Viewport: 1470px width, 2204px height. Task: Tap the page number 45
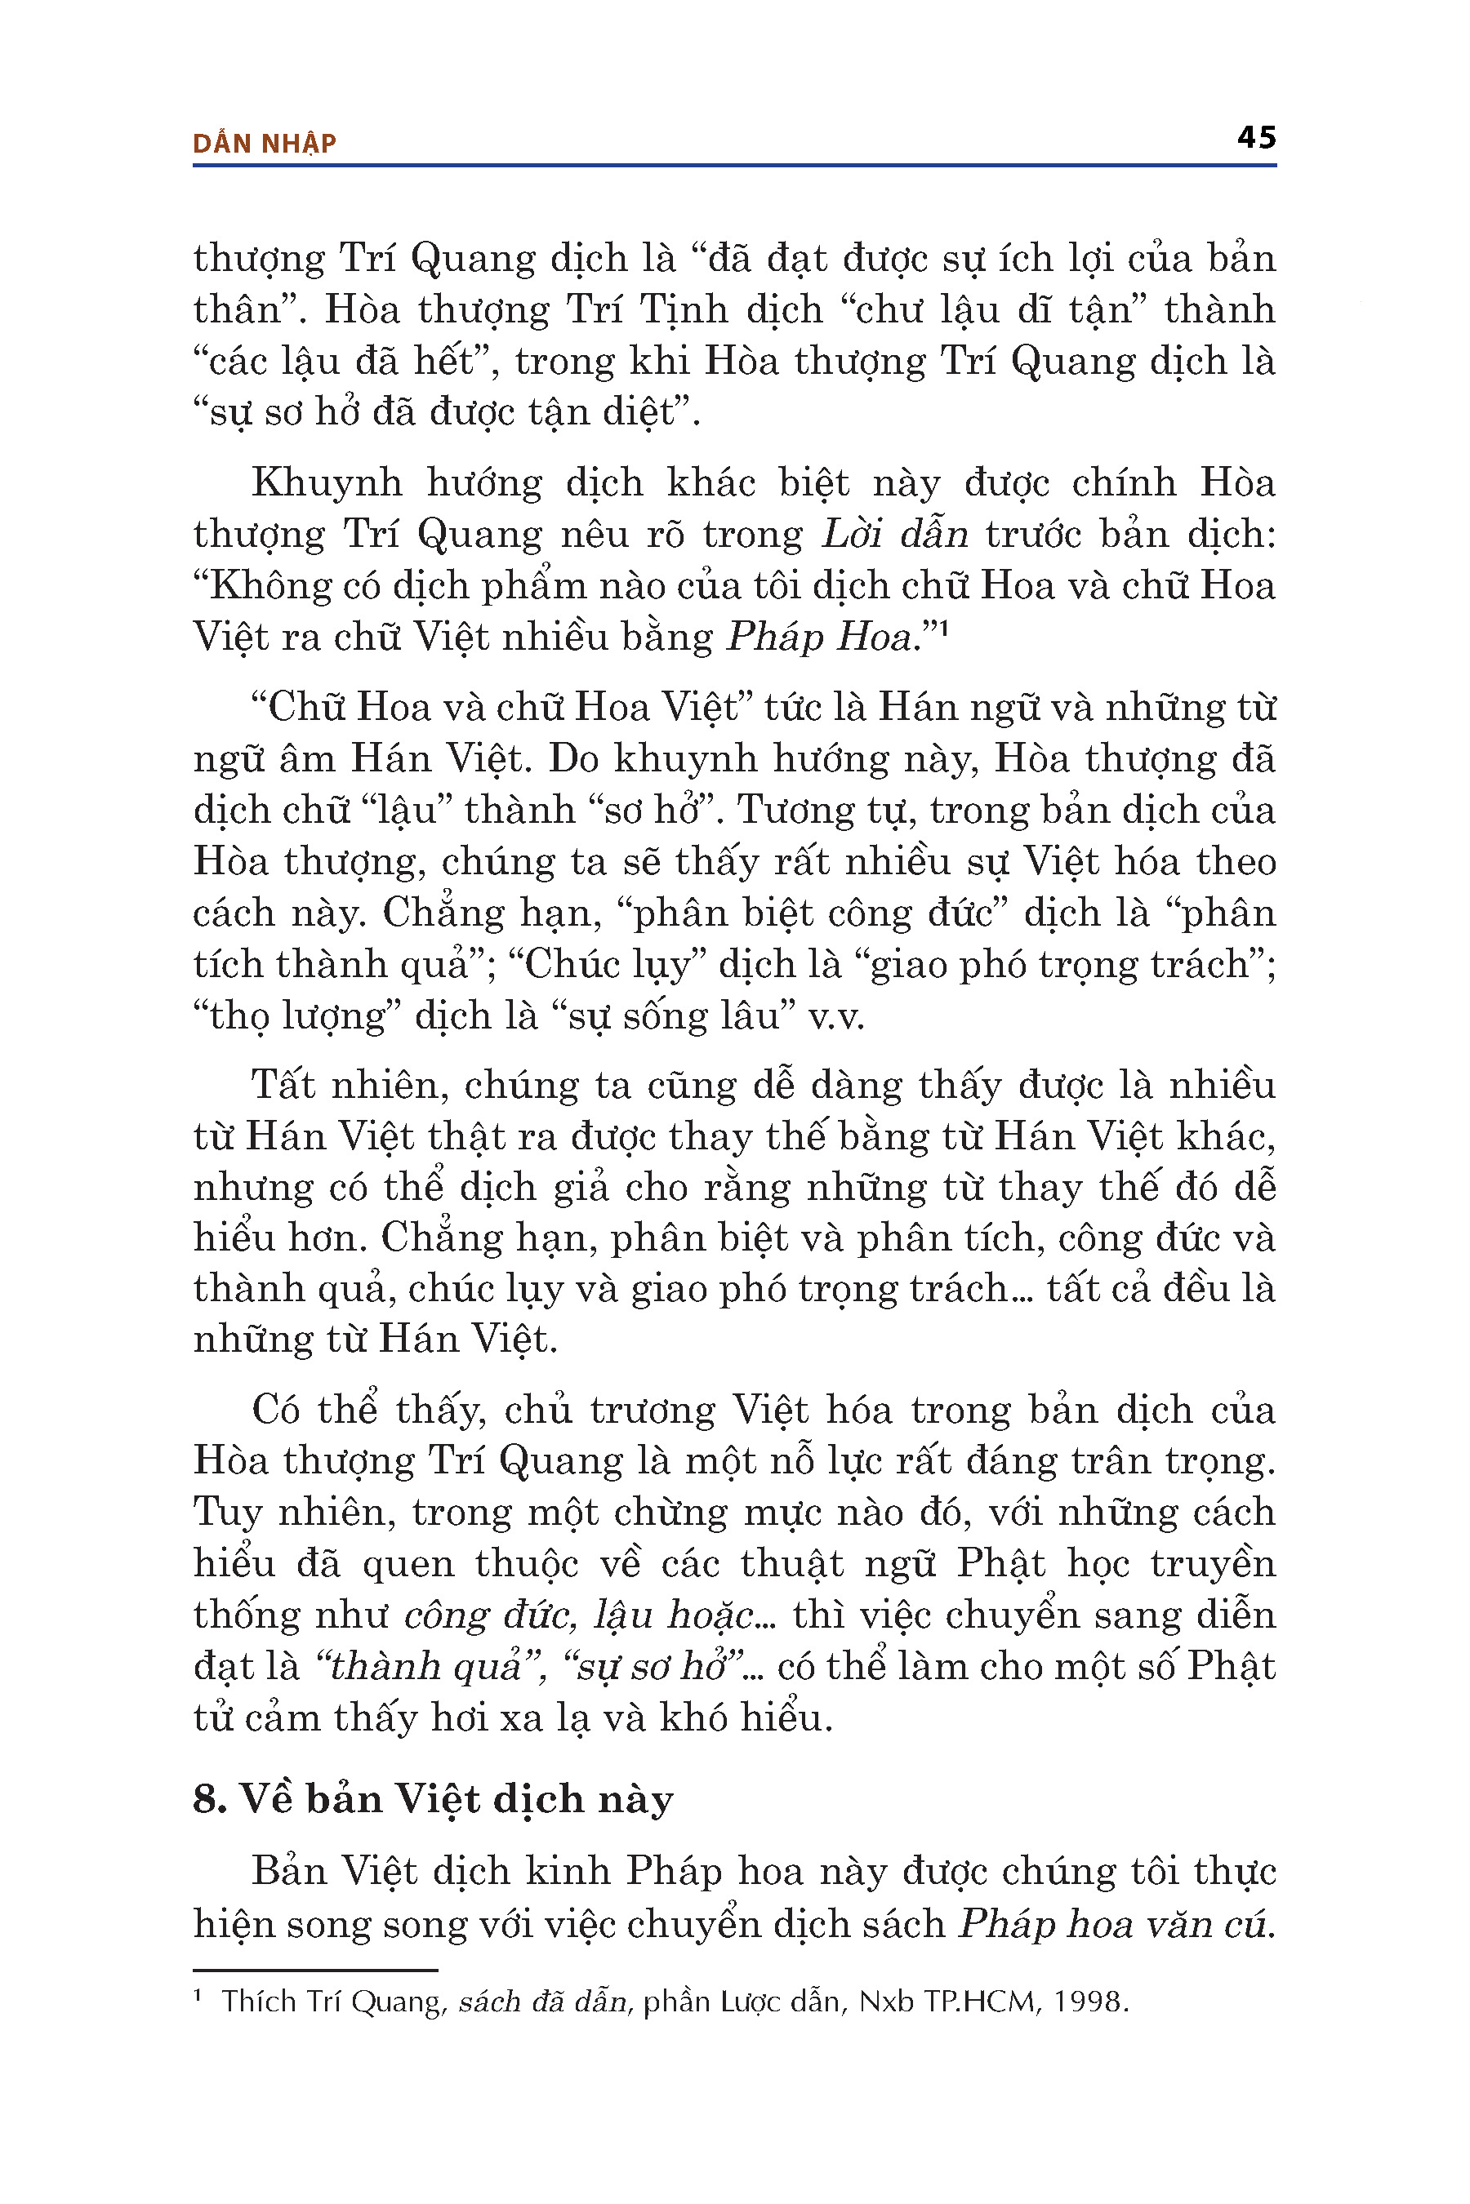click(x=1256, y=138)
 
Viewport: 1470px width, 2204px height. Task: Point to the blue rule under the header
click(x=734, y=166)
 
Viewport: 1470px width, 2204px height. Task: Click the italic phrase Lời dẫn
click(x=894, y=534)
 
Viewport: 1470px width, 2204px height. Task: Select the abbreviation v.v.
click(x=836, y=1015)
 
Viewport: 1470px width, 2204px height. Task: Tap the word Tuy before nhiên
click(x=228, y=1512)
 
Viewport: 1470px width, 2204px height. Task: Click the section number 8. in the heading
click(x=210, y=1798)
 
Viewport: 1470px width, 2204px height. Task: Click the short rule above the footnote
click(x=315, y=1971)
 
